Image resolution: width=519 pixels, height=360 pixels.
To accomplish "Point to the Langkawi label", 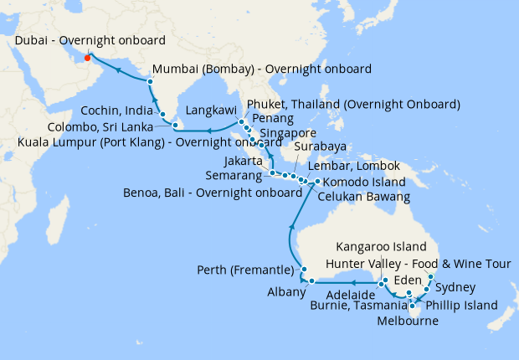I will [x=210, y=109].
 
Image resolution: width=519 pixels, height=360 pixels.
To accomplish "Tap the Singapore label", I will [x=288, y=133].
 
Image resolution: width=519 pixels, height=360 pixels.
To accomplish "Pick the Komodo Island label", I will [x=364, y=182].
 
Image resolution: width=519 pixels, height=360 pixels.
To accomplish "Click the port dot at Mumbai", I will [x=150, y=81].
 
